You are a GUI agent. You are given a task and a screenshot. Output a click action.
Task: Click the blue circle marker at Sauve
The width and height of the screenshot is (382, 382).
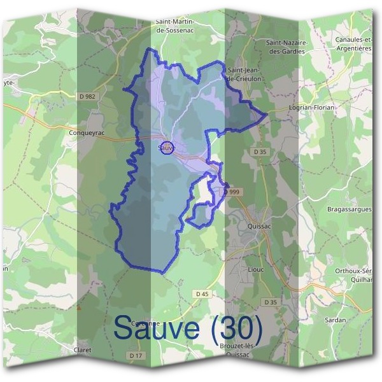[166, 148]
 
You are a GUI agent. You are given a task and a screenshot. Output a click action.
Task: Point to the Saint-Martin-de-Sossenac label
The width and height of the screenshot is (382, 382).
[174, 25]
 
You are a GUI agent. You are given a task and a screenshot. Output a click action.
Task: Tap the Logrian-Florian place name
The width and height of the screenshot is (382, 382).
[311, 108]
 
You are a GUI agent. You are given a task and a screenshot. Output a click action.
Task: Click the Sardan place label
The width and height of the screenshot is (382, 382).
[335, 320]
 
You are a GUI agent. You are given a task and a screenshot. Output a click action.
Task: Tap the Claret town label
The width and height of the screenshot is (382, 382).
[82, 350]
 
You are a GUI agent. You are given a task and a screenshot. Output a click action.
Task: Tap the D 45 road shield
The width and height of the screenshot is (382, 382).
[202, 294]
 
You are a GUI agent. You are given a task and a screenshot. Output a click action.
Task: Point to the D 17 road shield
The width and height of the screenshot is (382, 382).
[134, 355]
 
